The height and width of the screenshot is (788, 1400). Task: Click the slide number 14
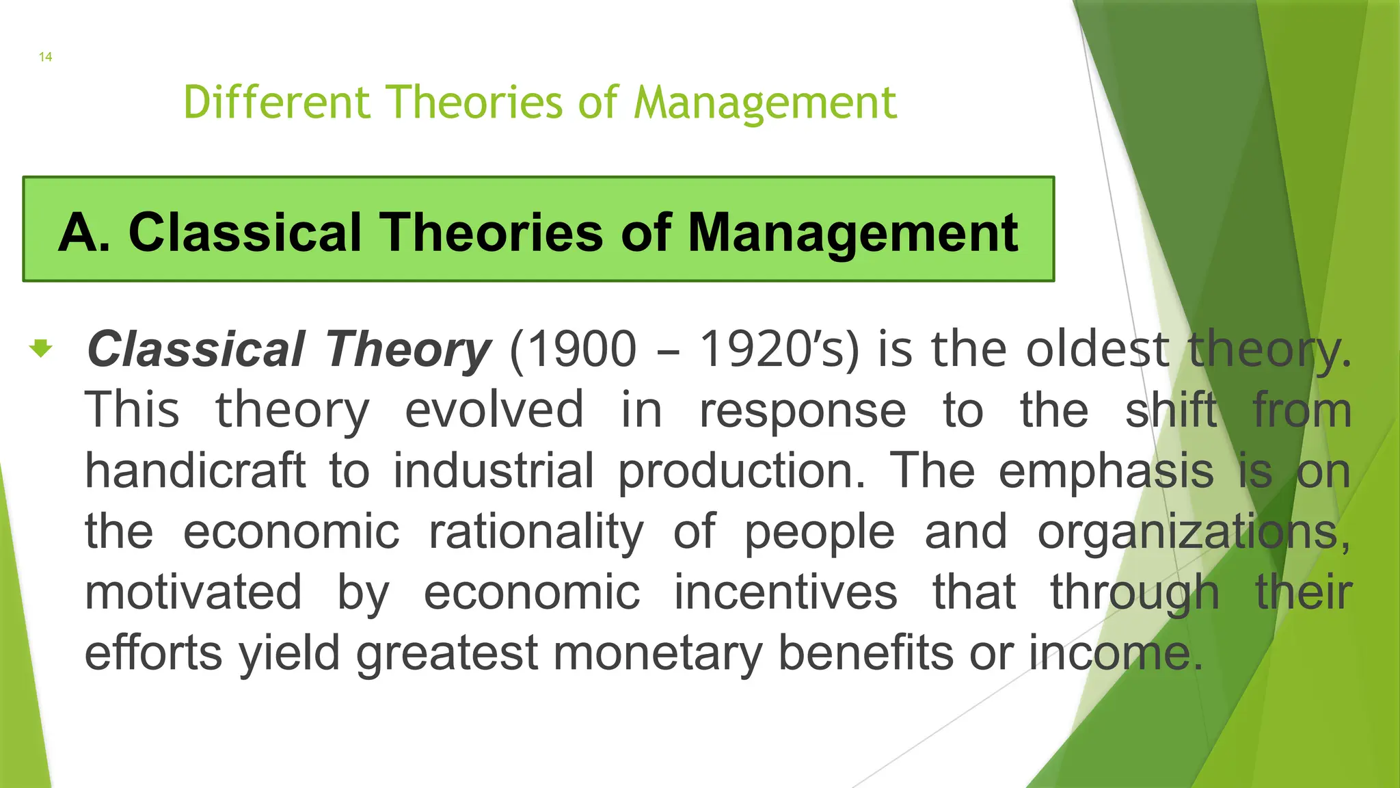point(45,57)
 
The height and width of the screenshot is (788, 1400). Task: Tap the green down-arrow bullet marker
point(41,348)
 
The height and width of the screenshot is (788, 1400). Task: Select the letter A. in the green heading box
point(84,233)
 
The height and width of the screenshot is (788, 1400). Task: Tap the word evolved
point(494,410)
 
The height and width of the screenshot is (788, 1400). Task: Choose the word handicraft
point(195,471)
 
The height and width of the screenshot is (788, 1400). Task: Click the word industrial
point(494,471)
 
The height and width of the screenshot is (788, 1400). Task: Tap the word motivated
point(193,592)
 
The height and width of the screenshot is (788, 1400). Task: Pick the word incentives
point(785,592)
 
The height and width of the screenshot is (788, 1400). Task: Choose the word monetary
point(657,653)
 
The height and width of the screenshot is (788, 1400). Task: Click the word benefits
point(866,652)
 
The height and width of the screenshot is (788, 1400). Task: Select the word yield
point(289,653)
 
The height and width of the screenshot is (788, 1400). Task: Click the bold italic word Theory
point(407,350)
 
